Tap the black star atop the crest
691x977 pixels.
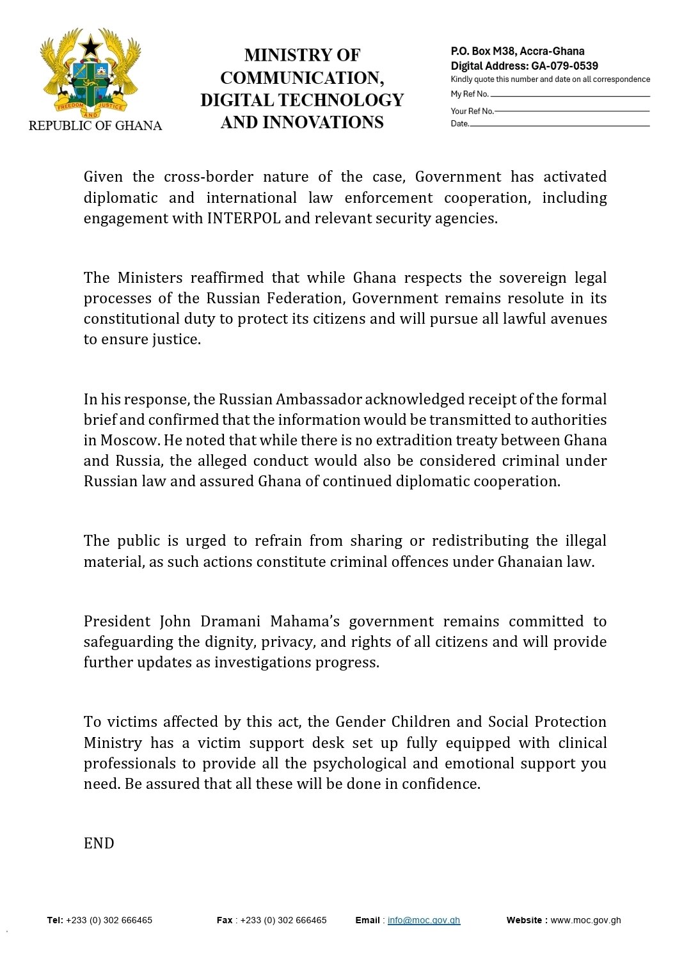pyautogui.click(x=90, y=46)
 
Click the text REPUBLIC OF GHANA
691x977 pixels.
pyautogui.click(x=95, y=125)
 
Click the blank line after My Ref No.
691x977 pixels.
pyautogui.click(x=569, y=96)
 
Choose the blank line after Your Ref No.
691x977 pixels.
pyautogui.click(x=572, y=111)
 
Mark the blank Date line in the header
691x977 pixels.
pyautogui.click(x=559, y=125)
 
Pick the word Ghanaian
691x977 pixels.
pyautogui.click(x=530, y=562)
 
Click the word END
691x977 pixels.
pyautogui.click(x=99, y=843)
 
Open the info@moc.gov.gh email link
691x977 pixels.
pyautogui.click(x=424, y=920)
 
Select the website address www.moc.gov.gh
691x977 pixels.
pyautogui.click(x=585, y=920)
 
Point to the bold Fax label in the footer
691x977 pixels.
pyautogui.click(x=225, y=920)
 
